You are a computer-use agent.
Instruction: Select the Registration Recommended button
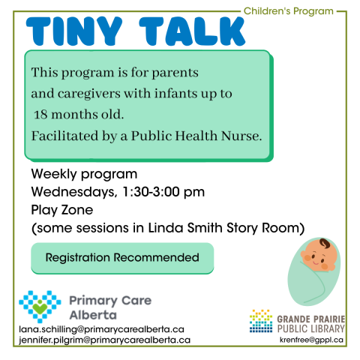click(122, 258)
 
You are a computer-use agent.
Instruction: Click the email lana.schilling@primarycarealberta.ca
click(100, 328)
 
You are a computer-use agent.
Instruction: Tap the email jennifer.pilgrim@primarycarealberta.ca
click(104, 340)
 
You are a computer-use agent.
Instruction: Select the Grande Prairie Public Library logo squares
click(260, 320)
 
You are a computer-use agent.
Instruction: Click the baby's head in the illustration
click(318, 256)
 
